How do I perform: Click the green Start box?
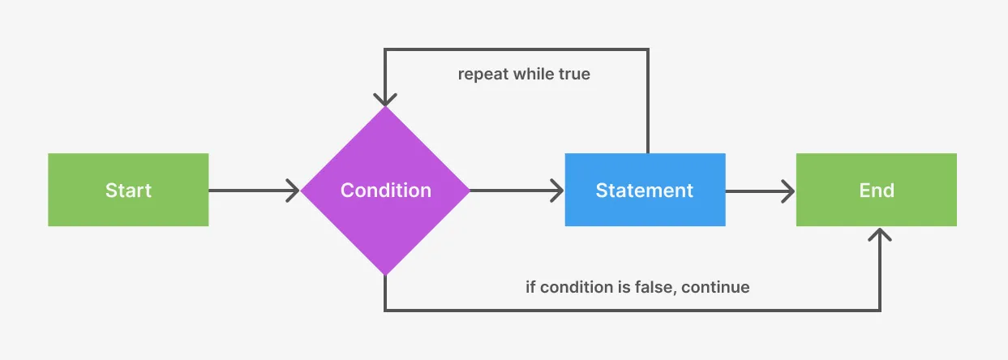(x=128, y=190)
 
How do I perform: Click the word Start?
(x=128, y=191)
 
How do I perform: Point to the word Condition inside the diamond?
(x=385, y=191)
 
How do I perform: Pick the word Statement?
(x=645, y=191)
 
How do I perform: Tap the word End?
(x=876, y=191)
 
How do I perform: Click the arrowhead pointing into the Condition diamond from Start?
(x=293, y=191)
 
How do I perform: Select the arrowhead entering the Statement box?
(x=557, y=191)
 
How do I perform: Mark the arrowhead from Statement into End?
(x=787, y=191)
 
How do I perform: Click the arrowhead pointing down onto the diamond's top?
(x=385, y=99)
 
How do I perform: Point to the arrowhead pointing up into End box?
(x=880, y=234)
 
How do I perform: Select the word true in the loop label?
(x=573, y=75)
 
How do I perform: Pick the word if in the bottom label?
(x=531, y=287)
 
